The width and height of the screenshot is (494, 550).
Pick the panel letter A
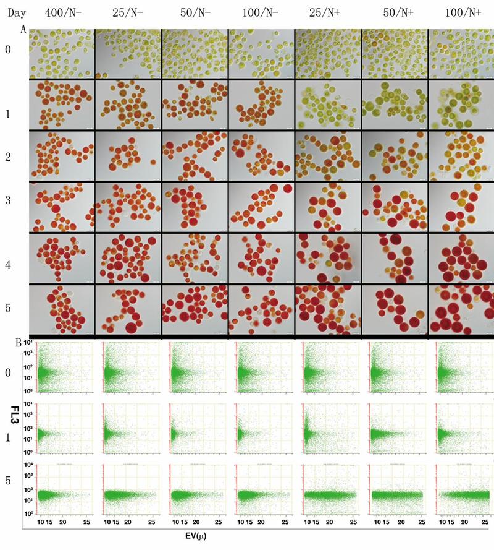(23, 29)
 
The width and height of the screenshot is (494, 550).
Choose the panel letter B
(23, 342)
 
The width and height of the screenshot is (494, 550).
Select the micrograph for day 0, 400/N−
(62, 54)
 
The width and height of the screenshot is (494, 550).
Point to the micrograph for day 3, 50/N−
(195, 205)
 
